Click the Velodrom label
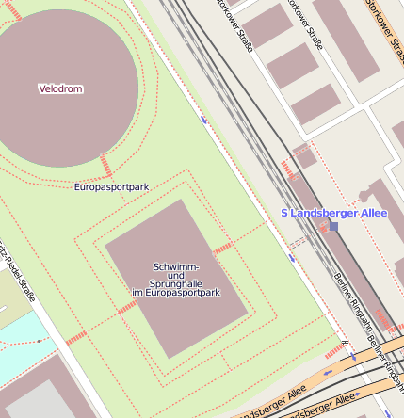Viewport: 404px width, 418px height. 60,89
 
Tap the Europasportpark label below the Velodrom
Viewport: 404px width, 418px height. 111,187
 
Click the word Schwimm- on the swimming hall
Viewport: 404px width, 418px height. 176,268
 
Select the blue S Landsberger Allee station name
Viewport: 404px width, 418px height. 333,213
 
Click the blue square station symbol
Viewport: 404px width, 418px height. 332,227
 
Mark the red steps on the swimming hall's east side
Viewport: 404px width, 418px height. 223,249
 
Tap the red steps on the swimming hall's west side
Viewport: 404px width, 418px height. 127,306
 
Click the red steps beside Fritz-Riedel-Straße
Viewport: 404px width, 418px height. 75,336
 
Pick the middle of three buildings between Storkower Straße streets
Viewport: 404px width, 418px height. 293,65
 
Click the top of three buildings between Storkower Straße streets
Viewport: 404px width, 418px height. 267,24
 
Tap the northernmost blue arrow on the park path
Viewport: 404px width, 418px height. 204,120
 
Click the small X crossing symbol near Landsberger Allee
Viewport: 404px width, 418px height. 346,343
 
